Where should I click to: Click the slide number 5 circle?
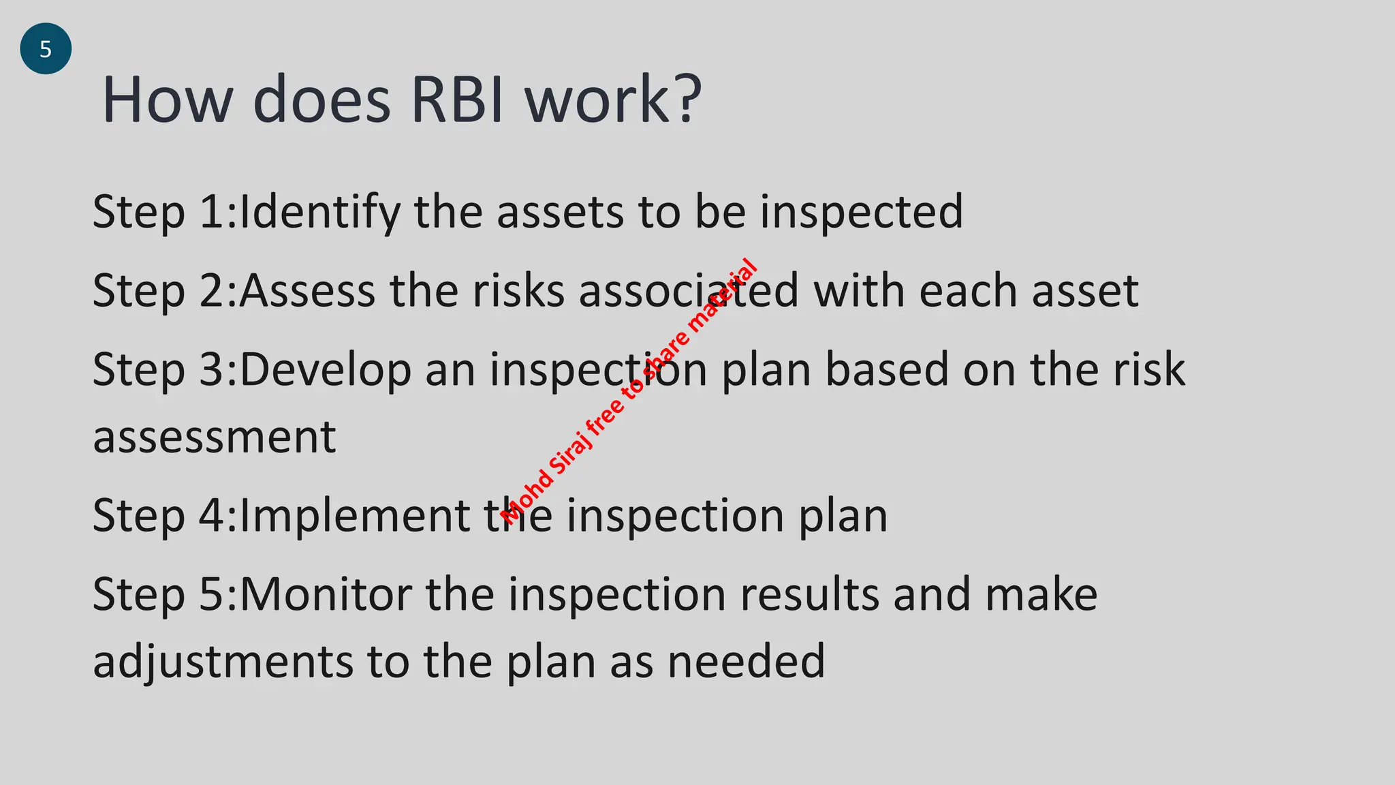tap(46, 49)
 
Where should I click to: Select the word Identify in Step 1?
tap(320, 212)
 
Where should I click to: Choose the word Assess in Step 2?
tap(307, 291)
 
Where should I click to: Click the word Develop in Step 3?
tap(326, 370)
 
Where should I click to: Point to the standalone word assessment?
tap(215, 437)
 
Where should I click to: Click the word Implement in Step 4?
tap(355, 516)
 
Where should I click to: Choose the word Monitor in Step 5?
tap(326, 594)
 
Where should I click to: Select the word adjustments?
tap(223, 662)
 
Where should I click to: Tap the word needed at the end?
tap(747, 662)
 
